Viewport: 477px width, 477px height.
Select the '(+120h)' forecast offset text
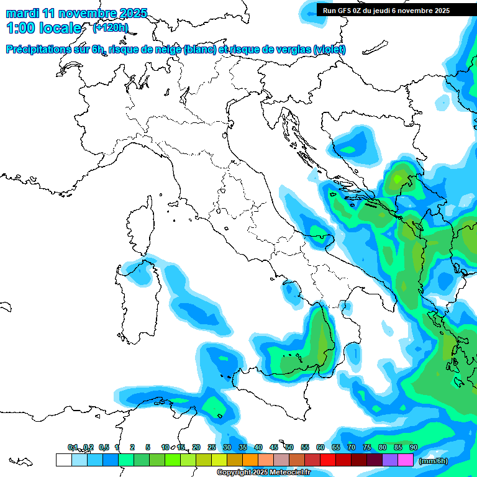click(110, 27)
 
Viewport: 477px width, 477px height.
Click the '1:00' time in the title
click(21, 28)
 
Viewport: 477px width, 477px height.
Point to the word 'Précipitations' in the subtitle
click(43, 50)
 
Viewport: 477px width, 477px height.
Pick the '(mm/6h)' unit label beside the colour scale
click(433, 461)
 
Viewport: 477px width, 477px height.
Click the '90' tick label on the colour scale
click(414, 448)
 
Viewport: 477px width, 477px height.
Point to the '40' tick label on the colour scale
click(258, 448)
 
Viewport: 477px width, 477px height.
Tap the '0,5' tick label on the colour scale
click(103, 448)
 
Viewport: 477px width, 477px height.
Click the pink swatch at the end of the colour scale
click(406, 460)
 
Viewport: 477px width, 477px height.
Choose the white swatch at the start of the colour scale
click(63, 460)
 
